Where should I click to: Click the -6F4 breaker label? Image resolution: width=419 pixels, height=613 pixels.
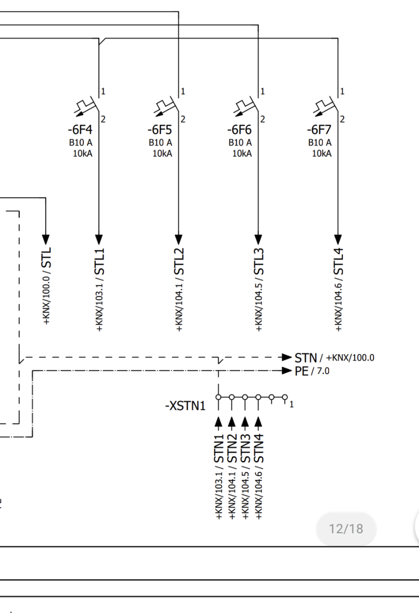tap(80, 130)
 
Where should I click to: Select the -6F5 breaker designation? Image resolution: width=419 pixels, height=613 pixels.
tap(160, 130)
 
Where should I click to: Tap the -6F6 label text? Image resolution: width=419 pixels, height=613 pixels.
tap(240, 130)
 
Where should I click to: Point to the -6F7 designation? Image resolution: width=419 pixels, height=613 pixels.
tap(319, 130)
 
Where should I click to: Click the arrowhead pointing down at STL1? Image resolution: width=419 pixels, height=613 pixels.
tap(99, 239)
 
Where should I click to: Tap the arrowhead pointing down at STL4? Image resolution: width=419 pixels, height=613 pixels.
tap(338, 239)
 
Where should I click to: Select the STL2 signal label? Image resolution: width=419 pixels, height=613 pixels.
tap(179, 262)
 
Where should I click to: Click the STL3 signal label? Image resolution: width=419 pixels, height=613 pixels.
tap(259, 262)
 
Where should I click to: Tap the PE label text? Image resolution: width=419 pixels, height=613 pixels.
tap(301, 371)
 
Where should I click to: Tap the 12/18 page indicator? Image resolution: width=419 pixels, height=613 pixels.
tap(346, 529)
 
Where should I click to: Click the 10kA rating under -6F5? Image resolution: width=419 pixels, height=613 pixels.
tap(162, 154)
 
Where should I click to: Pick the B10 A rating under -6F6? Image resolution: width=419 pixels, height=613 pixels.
tap(240, 143)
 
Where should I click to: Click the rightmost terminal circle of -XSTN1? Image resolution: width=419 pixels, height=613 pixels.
tap(285, 397)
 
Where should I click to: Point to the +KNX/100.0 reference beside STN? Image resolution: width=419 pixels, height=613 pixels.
tap(350, 358)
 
